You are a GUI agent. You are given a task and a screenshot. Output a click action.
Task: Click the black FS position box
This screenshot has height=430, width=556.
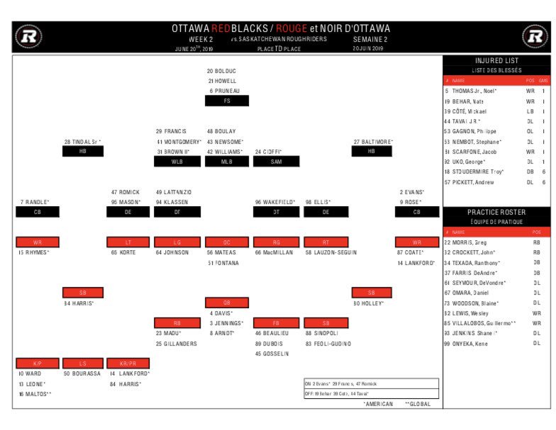(227, 101)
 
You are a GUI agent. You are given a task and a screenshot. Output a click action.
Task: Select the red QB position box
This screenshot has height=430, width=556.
(227, 302)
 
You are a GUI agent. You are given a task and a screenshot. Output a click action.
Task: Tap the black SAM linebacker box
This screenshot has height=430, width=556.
(277, 162)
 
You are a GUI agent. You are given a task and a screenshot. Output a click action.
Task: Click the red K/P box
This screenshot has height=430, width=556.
(37, 363)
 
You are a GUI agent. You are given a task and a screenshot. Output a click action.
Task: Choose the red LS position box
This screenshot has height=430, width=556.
(82, 363)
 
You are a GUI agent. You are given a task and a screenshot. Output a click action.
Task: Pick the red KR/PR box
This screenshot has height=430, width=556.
(128, 363)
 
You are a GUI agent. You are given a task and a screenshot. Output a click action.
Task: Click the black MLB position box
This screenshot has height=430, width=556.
(227, 162)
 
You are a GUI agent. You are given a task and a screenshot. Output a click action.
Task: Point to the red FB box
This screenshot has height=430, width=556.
(277, 323)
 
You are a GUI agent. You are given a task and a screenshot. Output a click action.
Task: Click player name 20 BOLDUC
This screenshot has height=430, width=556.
(221, 71)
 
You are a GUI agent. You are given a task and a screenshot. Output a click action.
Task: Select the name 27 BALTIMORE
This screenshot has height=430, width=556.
(373, 142)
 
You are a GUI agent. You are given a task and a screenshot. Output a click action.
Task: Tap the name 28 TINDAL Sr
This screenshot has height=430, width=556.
(82, 142)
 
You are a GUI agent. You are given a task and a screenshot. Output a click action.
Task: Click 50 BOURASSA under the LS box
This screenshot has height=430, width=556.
(82, 373)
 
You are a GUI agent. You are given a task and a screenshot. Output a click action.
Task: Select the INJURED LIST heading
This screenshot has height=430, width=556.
(498, 62)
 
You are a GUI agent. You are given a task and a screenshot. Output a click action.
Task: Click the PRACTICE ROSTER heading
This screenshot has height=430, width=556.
(498, 212)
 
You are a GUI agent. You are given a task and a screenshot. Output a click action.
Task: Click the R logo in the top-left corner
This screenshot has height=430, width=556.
(29, 36)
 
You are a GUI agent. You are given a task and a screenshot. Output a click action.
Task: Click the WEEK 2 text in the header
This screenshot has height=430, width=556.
(201, 40)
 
